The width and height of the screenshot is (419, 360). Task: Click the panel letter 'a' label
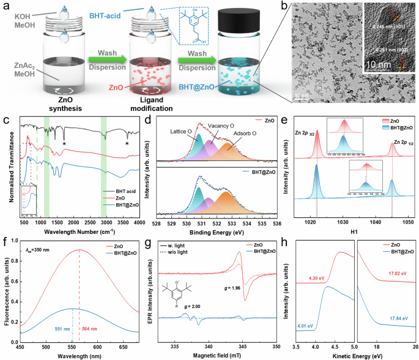[7, 7]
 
